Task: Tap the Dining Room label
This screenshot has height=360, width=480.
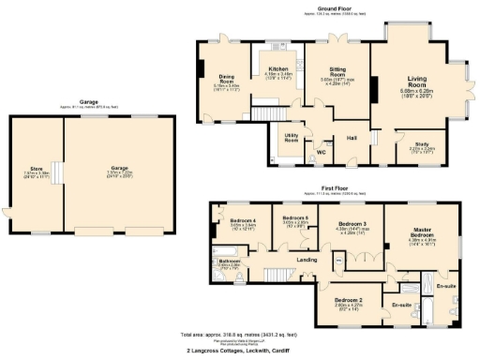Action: (226, 79)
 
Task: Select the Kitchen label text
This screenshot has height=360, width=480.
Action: (278, 68)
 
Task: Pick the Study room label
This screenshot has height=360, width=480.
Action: (422, 143)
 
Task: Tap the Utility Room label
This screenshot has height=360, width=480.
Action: (292, 141)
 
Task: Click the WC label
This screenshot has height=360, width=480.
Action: (320, 151)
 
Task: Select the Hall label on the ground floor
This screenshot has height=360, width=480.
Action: (352, 138)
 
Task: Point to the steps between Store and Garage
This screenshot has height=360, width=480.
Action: (57, 172)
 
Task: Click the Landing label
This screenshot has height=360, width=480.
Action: (305, 259)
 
